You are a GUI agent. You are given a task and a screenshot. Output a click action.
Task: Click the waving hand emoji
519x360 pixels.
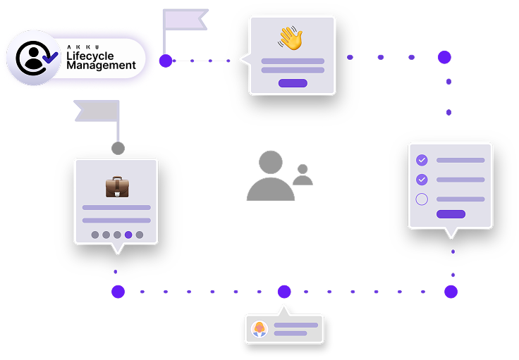(x=290, y=38)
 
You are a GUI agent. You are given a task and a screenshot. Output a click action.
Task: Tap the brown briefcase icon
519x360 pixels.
(x=117, y=187)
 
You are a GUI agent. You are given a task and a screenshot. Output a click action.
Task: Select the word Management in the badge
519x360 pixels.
(x=101, y=66)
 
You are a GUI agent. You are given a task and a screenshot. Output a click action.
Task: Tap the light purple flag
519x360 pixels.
(x=185, y=20)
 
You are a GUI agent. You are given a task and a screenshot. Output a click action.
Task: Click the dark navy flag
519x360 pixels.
(x=97, y=111)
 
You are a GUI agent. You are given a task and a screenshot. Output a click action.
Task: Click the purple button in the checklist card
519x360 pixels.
(x=451, y=214)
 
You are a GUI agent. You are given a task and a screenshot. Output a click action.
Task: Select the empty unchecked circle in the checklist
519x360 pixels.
(x=422, y=199)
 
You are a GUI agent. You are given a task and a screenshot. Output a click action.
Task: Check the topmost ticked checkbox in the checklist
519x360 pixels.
(x=422, y=160)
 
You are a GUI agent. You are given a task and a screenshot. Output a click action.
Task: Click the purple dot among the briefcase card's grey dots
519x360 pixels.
(x=128, y=235)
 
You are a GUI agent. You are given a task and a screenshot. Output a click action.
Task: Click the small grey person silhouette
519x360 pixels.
(x=303, y=175)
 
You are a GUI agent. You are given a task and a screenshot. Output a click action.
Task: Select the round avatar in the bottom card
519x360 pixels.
(x=259, y=329)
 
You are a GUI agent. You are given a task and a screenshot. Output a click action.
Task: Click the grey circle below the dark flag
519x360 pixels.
(x=118, y=149)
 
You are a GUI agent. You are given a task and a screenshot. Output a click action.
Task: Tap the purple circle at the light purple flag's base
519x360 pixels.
(x=166, y=61)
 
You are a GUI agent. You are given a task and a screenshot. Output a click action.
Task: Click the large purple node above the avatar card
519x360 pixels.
(x=284, y=292)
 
